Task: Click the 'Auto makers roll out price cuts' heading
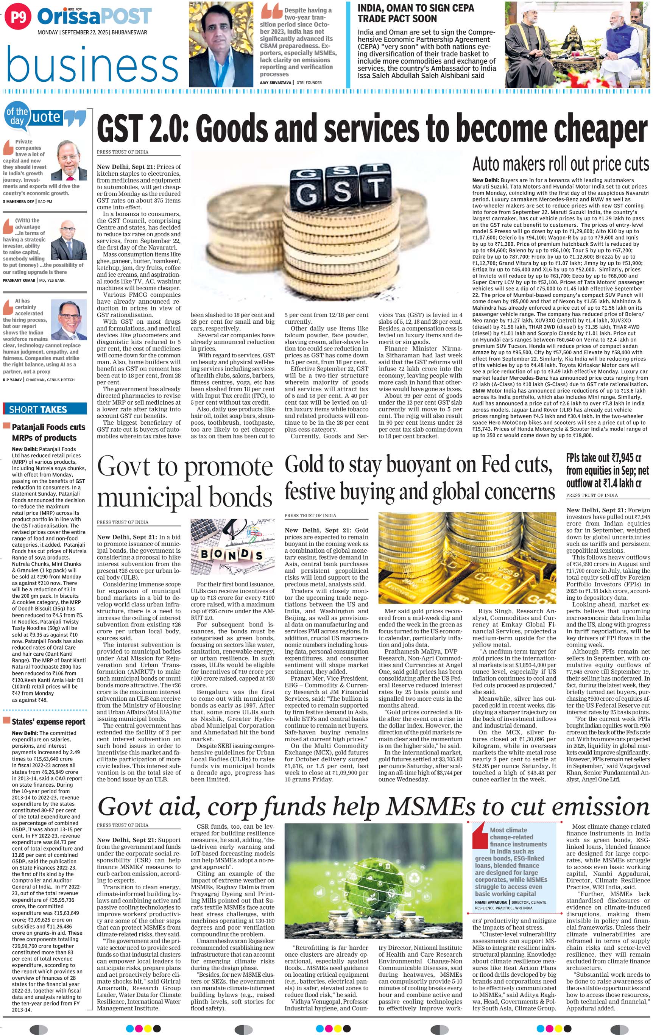[560, 164]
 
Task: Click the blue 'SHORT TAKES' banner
[45, 409]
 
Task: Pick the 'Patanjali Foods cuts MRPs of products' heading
[48, 432]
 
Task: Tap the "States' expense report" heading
[48, 722]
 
